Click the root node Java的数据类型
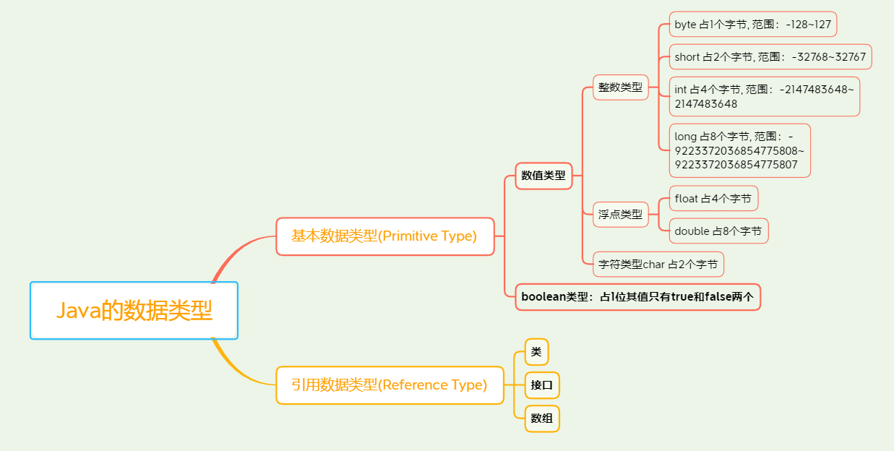pos(134,310)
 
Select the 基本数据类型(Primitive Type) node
pos(384,236)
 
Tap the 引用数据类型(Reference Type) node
pos(390,385)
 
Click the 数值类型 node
pos(543,175)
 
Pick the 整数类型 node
pos(620,87)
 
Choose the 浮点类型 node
pos(620,215)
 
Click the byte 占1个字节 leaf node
pos(752,25)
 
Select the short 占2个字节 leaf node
pos(770,56)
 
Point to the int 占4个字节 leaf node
pos(764,96)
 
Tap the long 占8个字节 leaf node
pos(739,150)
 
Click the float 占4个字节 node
pos(713,199)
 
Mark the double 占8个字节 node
pos(718,231)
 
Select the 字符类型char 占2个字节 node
pos(658,265)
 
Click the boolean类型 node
pos(637,297)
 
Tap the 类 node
pos(536,352)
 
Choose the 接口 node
pos(542,385)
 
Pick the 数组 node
pos(542,418)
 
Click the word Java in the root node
pos(78,311)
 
